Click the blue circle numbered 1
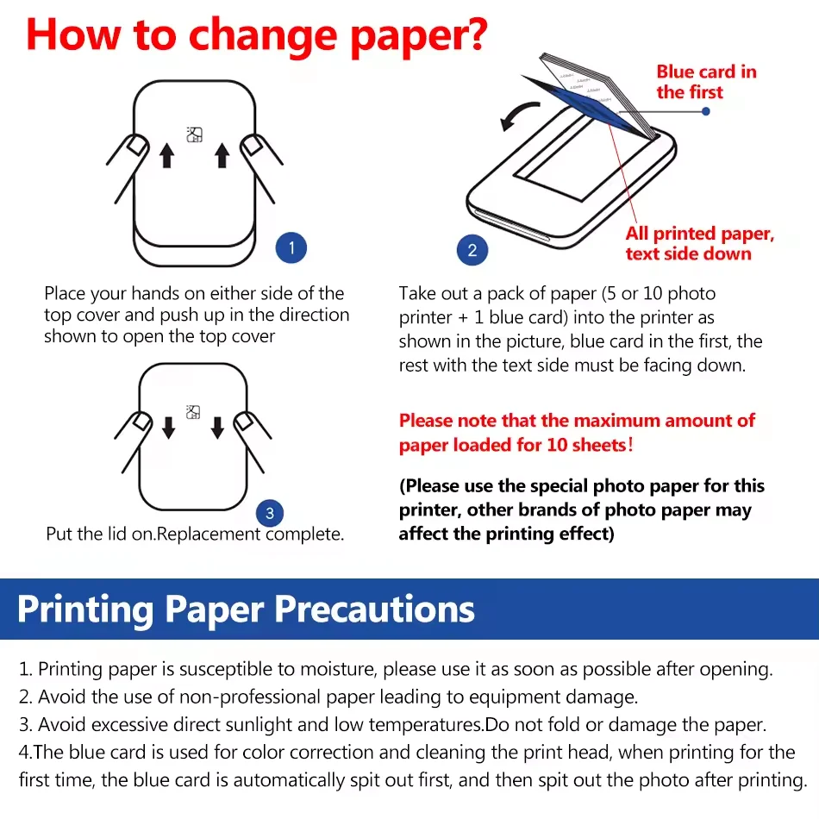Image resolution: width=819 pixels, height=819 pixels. [x=291, y=250]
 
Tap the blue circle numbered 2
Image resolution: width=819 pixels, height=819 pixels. [x=472, y=251]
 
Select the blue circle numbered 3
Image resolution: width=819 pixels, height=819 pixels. [x=270, y=514]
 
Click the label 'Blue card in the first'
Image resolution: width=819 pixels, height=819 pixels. [x=706, y=82]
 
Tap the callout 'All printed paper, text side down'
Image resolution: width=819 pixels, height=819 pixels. [x=699, y=243]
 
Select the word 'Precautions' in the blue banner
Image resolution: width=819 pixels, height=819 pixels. [x=375, y=609]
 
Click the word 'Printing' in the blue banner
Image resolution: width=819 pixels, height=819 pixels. [x=85, y=609]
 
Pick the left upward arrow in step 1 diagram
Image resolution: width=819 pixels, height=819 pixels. [x=167, y=155]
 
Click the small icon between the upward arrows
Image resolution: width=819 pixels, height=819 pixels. [x=194, y=134]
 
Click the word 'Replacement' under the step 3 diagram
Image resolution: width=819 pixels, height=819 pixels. [x=209, y=535]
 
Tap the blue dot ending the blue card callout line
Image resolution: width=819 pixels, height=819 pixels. [x=706, y=112]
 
